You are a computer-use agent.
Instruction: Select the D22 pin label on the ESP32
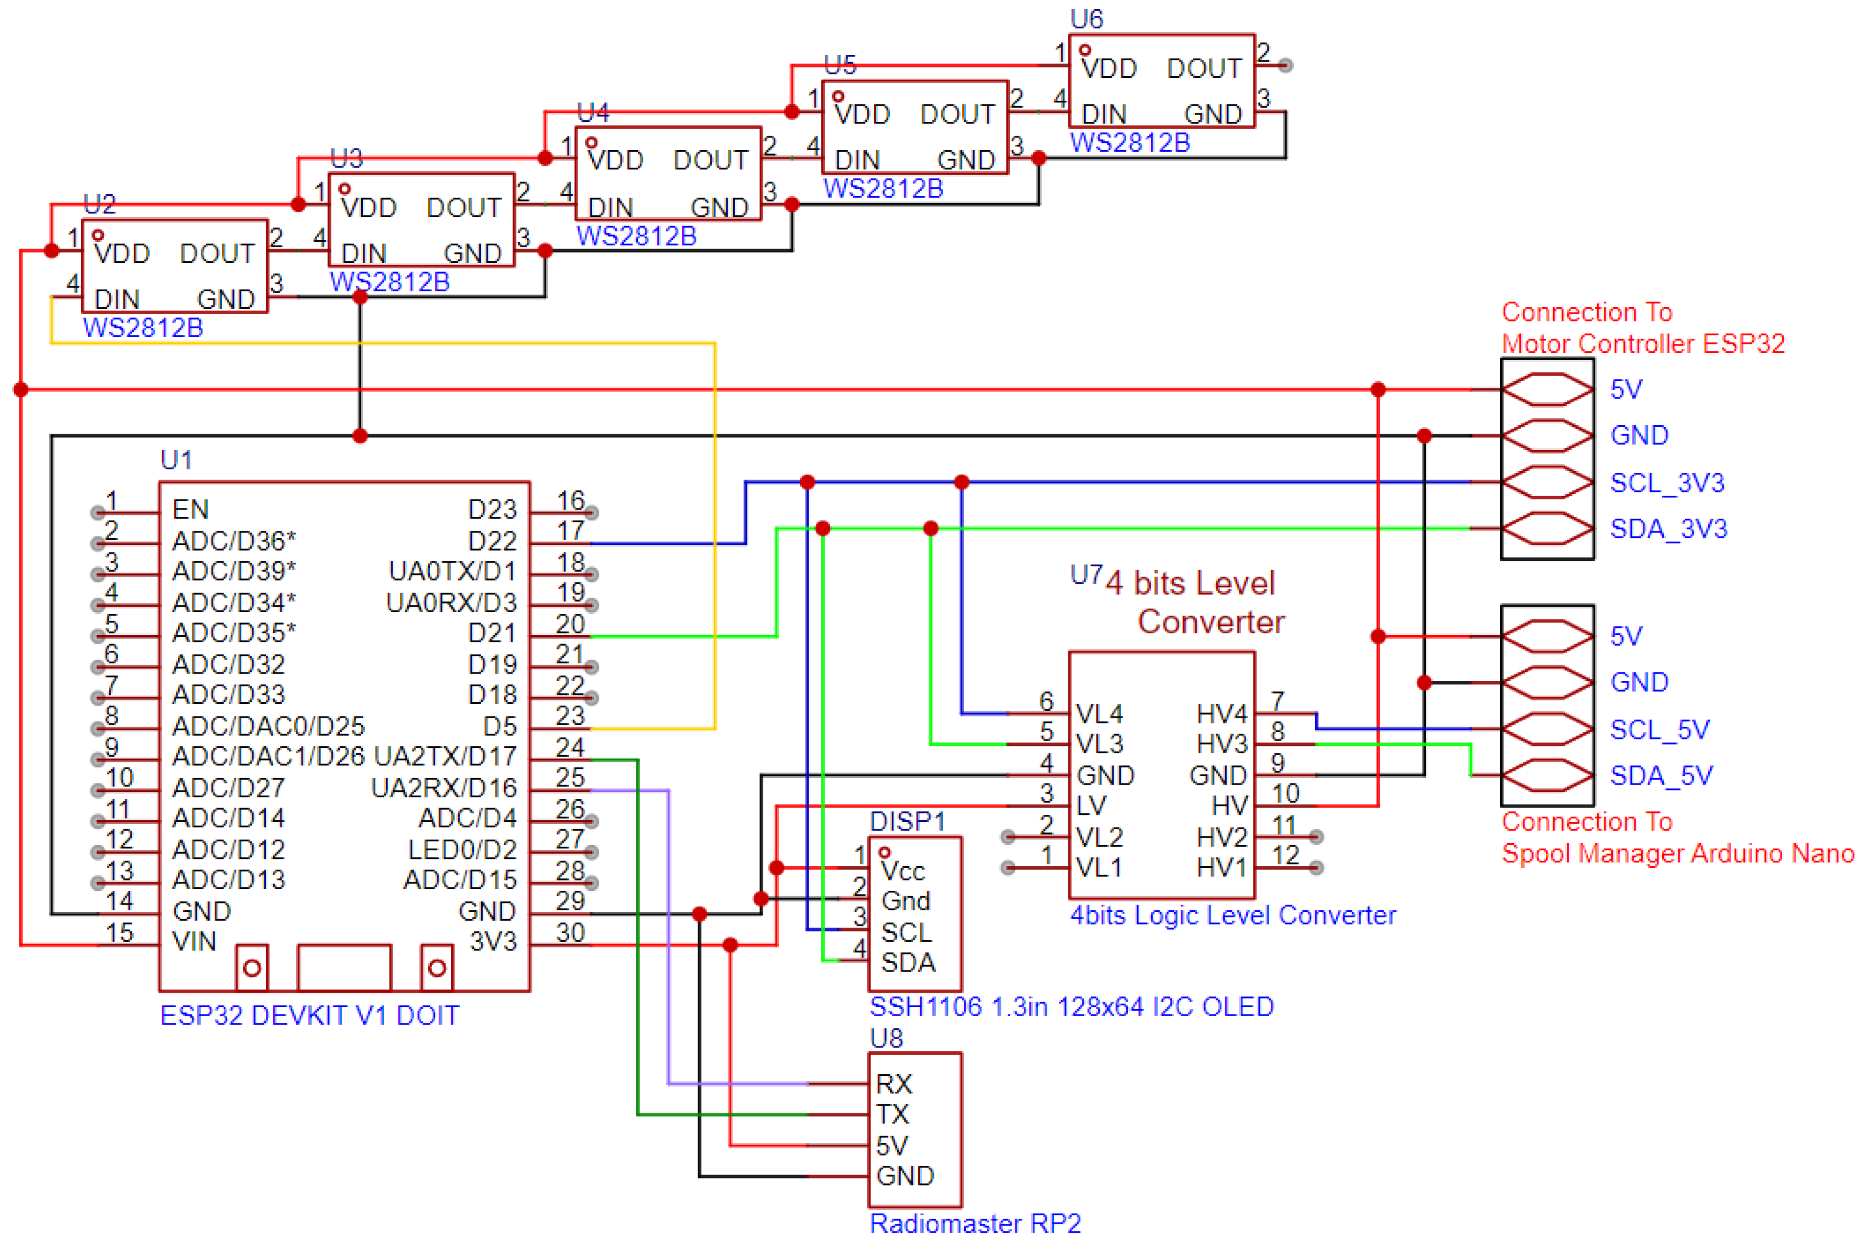[492, 540]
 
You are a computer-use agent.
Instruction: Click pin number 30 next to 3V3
[570, 932]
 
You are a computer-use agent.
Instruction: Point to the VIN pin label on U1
[194, 941]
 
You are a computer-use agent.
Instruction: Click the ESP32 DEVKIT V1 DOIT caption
[310, 1016]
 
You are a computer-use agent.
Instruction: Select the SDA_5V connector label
[1660, 776]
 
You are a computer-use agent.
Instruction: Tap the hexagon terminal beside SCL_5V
[1546, 729]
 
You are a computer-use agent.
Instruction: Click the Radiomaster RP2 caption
[975, 1223]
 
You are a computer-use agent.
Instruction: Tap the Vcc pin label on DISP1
[903, 871]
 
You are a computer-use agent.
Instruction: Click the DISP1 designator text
[907, 821]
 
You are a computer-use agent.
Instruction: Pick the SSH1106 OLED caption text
[1071, 1007]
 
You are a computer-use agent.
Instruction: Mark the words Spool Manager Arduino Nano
[1677, 853]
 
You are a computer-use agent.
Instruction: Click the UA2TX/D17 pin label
[445, 756]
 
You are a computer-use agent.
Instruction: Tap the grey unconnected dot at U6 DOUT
[1285, 65]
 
